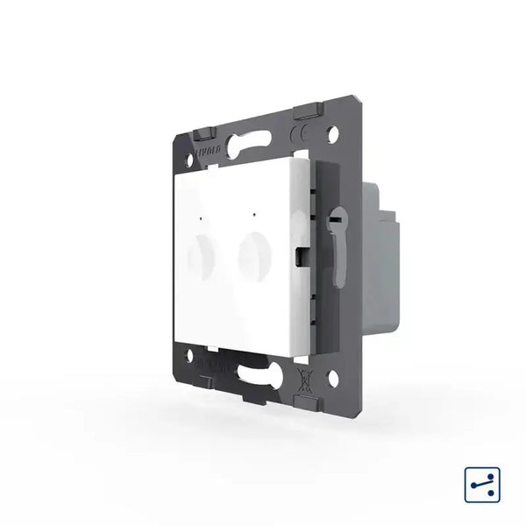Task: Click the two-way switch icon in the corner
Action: [x=478, y=481]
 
